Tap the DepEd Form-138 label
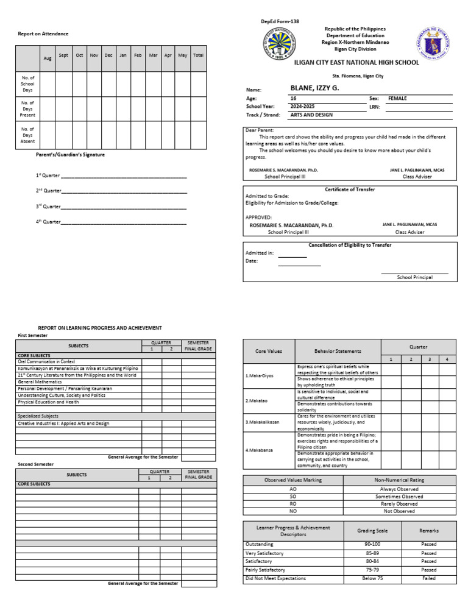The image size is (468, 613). [x=280, y=22]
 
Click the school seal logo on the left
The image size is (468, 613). [x=283, y=45]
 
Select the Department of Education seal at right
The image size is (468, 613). [x=436, y=45]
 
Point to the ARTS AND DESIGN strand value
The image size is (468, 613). [x=313, y=115]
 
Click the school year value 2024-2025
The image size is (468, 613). [x=305, y=106]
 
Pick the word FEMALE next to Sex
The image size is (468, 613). [x=397, y=98]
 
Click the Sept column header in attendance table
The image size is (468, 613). [x=63, y=55]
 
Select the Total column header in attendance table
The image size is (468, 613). [x=198, y=55]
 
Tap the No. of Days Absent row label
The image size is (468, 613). [x=28, y=135]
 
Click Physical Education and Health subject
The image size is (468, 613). [x=57, y=402]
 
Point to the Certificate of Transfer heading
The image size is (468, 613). [x=350, y=190]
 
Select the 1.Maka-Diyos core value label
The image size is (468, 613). [x=260, y=376]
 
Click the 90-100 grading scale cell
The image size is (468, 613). [x=372, y=544]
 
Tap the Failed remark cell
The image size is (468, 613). [x=429, y=578]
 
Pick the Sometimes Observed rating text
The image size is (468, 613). [x=399, y=497]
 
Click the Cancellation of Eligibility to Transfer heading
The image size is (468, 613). [x=350, y=245]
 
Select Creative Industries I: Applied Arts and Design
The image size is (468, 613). [x=63, y=423]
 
